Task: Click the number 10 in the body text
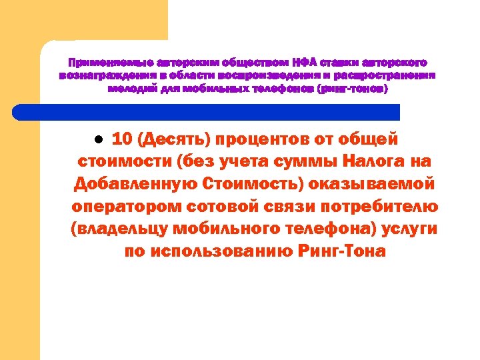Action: click(x=121, y=139)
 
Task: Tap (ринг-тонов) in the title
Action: click(x=353, y=88)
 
